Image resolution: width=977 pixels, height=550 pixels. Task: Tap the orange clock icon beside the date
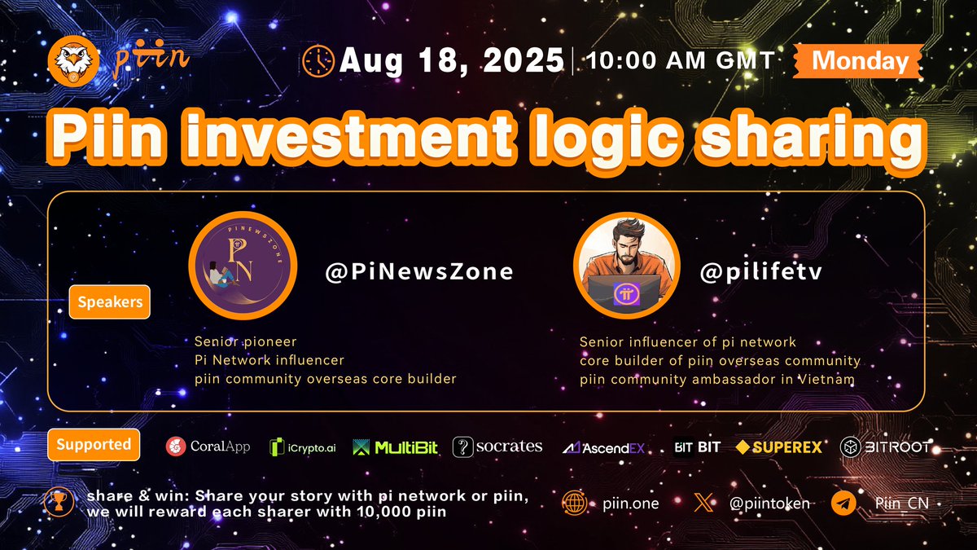pos(318,60)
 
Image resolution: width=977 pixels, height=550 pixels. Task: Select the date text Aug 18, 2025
pos(453,60)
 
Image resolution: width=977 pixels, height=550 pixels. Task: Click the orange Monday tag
pos(860,60)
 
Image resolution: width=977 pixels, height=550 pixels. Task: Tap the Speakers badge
pos(110,302)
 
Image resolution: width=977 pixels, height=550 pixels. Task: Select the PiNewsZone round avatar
pos(242,270)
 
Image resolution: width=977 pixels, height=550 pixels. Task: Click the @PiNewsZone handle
pos(419,272)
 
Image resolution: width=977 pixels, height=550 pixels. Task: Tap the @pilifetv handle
pos(762,272)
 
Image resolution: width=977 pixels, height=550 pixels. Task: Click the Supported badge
pos(94,445)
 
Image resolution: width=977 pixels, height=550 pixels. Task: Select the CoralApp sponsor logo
pos(208,447)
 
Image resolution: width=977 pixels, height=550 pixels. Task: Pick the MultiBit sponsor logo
pos(396,447)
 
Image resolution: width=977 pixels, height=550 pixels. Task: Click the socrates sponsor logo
pos(497,447)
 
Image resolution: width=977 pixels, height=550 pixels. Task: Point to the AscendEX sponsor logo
pos(604,447)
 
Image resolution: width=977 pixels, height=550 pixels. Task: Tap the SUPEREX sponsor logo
pos(779,447)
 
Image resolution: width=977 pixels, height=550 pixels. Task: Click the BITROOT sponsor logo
pos(885,447)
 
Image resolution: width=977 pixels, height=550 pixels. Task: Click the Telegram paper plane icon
pos(843,504)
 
